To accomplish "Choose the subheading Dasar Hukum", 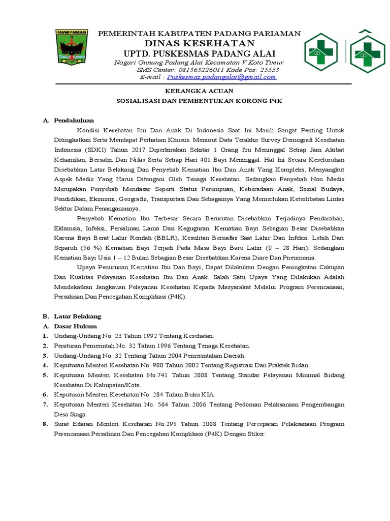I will pos(75,326).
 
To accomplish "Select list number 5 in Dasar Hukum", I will pos(45,375).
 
